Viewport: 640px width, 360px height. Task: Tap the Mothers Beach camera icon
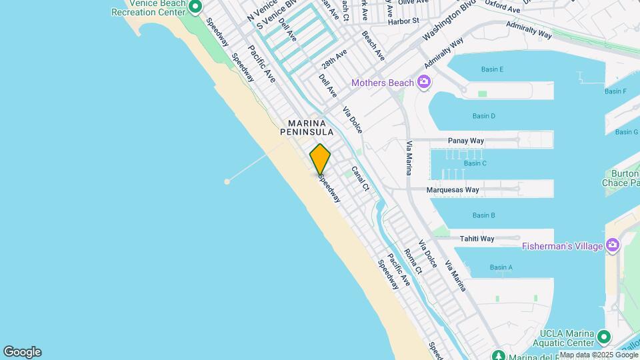tap(423, 83)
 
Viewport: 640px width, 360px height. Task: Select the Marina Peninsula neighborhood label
tap(307, 128)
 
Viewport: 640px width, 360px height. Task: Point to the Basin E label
tap(492, 69)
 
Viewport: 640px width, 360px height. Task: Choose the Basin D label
tap(483, 116)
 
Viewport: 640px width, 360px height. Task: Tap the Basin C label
tap(475, 163)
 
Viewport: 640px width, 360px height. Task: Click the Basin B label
tap(483, 215)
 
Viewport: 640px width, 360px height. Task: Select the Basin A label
tap(501, 267)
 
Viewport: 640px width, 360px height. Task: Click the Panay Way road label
tap(466, 141)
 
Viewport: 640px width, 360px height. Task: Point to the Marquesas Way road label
tap(453, 190)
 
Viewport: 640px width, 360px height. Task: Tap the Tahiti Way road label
tap(477, 239)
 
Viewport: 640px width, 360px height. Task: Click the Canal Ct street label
tap(360, 179)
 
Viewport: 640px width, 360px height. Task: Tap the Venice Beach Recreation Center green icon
tap(195, 7)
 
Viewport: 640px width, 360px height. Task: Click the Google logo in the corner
tap(22, 352)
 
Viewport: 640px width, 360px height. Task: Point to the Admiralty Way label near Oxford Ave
tap(529, 30)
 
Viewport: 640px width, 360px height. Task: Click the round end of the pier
tap(227, 181)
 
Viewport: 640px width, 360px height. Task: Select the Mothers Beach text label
tap(383, 83)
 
